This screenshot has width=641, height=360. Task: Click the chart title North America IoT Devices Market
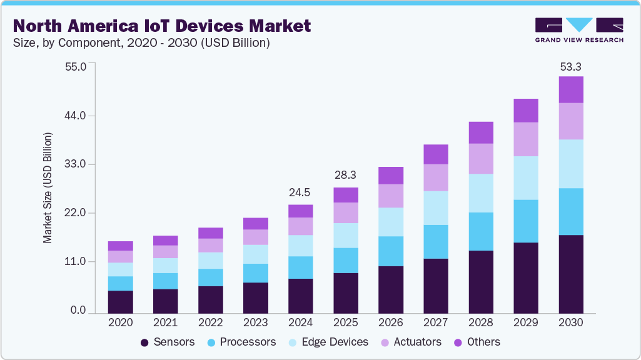(x=162, y=26)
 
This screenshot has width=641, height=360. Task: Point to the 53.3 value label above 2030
(x=571, y=67)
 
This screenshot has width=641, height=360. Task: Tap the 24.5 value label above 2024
(x=300, y=192)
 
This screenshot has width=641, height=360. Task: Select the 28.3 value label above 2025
(x=346, y=174)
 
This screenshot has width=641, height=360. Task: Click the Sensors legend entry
(x=167, y=342)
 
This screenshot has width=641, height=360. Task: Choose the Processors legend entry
(x=240, y=342)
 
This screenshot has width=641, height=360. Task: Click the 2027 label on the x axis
(x=436, y=322)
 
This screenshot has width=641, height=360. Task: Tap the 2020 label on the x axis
(x=121, y=322)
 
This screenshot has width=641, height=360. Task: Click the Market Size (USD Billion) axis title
(x=48, y=188)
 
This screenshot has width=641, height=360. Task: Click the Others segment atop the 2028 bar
(x=481, y=132)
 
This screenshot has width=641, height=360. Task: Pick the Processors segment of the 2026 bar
(x=391, y=251)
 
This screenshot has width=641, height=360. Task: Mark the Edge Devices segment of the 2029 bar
(x=526, y=177)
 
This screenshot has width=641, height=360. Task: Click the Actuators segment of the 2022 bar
(x=211, y=245)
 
